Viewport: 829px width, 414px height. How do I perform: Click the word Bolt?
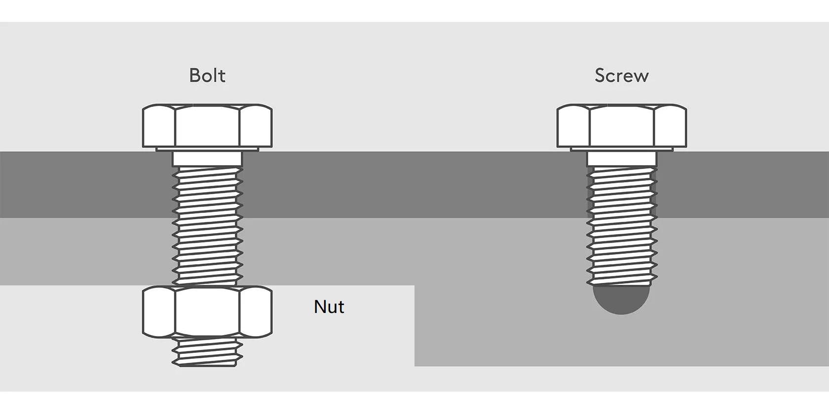[x=207, y=75]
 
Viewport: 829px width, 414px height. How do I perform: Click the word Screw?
[x=621, y=75]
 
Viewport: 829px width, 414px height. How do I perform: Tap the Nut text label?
[x=329, y=307]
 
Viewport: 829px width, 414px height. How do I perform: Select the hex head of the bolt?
[x=207, y=126]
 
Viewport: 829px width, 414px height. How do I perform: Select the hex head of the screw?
[x=622, y=126]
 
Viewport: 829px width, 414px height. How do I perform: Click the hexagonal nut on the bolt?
[x=207, y=312]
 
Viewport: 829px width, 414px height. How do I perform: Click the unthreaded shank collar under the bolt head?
[x=207, y=159]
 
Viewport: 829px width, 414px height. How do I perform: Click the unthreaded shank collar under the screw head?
[x=622, y=159]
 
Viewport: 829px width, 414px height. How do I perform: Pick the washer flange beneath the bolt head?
[x=207, y=149]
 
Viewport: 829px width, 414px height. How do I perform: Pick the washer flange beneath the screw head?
[x=622, y=149]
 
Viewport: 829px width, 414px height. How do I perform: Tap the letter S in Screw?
[x=600, y=75]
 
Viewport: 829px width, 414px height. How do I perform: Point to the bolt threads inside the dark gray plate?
[x=207, y=192]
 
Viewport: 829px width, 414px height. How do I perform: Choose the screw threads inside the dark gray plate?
[x=622, y=192]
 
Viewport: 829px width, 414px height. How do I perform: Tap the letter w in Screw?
[x=640, y=76]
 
